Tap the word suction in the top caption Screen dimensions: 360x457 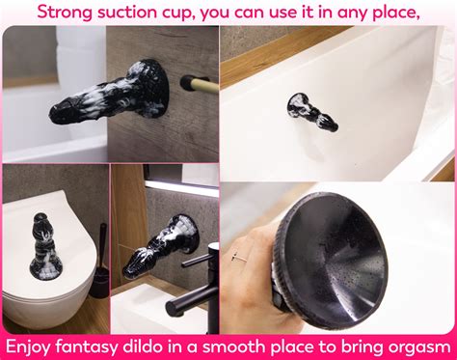(x=136, y=12)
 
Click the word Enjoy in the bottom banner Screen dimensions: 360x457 (x=34, y=346)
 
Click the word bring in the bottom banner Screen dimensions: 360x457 (x=344, y=346)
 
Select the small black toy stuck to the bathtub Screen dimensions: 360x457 (x=310, y=112)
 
